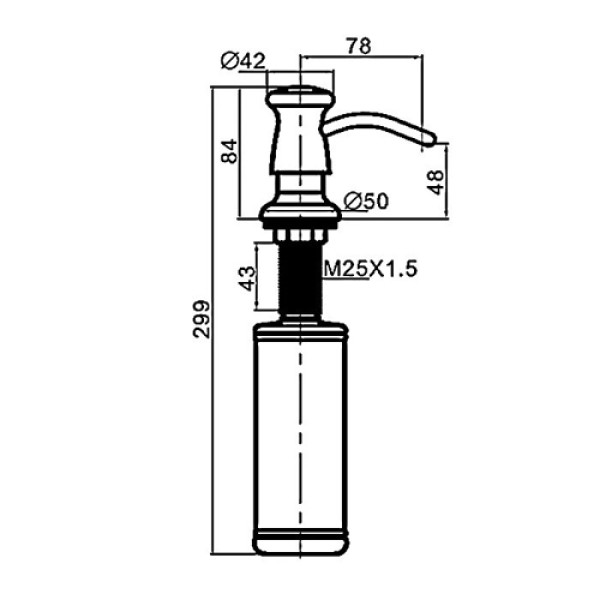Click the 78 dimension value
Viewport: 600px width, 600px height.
point(359,46)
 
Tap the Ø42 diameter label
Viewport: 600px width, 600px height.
point(243,61)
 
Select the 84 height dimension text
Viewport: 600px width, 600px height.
point(230,151)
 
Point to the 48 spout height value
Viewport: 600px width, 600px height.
point(436,182)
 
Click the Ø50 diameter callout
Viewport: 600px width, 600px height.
point(366,201)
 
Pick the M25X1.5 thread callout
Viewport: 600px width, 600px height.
point(370,269)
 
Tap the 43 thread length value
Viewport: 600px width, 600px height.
point(247,278)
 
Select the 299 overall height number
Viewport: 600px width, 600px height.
point(201,320)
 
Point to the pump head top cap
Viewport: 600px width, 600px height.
point(300,96)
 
